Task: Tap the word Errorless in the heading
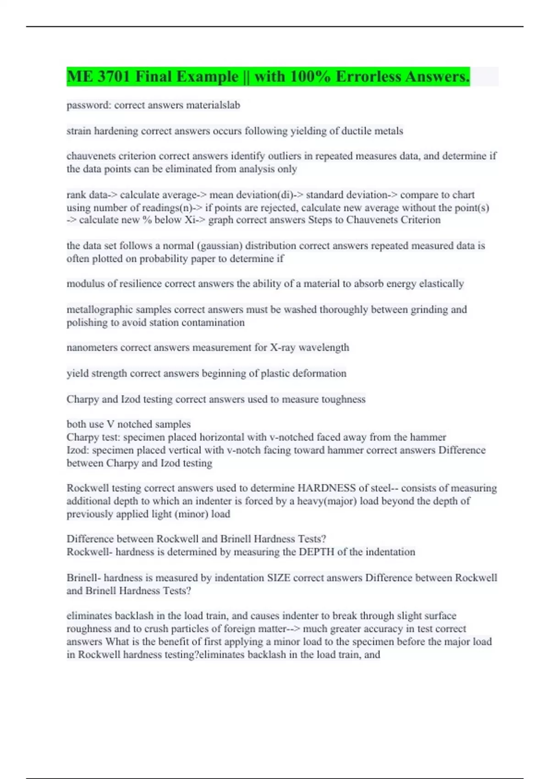point(378,77)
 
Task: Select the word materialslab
point(213,105)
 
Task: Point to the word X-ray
point(282,347)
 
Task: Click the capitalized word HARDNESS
point(326,488)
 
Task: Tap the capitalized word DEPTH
point(316,552)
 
